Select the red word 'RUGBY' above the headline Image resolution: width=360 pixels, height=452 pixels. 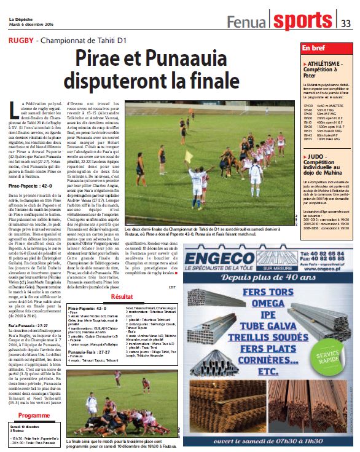pos(20,41)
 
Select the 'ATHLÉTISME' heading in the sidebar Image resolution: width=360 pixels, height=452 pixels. pos(326,63)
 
